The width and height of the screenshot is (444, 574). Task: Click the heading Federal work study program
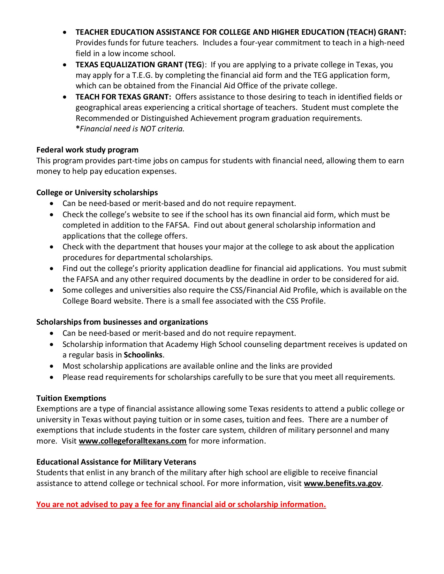[x=87, y=150]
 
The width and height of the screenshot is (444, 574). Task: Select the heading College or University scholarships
[x=97, y=193]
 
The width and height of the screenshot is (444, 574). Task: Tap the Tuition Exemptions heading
[x=71, y=398]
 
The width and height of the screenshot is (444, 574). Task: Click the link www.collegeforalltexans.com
[x=132, y=441]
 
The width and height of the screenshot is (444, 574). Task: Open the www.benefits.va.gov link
[x=342, y=483]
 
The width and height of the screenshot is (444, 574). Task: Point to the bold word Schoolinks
[x=143, y=355]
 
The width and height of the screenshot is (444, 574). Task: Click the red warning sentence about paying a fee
[x=181, y=504]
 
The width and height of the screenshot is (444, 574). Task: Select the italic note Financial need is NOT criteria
[x=132, y=129]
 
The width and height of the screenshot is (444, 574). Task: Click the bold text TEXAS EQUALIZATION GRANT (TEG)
[x=139, y=65]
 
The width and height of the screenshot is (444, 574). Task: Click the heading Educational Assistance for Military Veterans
[x=116, y=462]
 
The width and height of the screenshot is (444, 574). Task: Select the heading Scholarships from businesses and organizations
[x=122, y=322]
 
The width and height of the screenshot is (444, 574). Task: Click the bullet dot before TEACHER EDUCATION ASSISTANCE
[x=65, y=33]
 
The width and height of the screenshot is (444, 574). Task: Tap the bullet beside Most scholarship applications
[x=52, y=366]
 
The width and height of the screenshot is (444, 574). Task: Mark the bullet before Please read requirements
[x=52, y=378]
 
